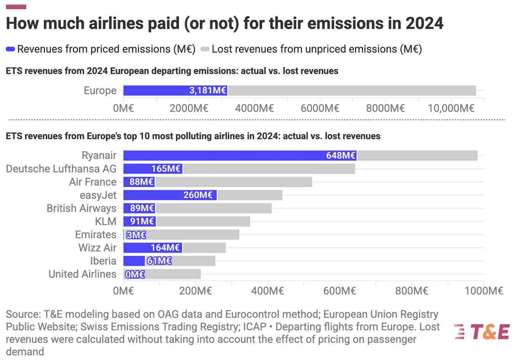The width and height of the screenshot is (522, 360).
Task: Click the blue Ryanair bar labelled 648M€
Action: [x=240, y=156]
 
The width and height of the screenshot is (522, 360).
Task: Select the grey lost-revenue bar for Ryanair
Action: [x=417, y=156]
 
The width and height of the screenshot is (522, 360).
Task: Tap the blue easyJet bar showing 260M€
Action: [x=170, y=195]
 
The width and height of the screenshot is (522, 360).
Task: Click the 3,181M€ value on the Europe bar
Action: [x=208, y=90]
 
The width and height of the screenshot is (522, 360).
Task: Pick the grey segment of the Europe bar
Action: [x=352, y=90]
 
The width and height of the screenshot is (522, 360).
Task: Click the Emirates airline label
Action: [x=96, y=235]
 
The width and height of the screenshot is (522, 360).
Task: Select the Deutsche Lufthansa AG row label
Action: [x=61, y=169]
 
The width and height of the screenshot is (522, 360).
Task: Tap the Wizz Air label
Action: [x=98, y=248]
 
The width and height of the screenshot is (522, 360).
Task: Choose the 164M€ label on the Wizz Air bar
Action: [x=165, y=248]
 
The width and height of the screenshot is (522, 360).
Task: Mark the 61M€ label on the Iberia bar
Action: [x=159, y=261]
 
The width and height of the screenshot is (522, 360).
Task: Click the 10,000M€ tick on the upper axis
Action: [x=451, y=108]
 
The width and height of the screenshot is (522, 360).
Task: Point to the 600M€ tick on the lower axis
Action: [x=339, y=291]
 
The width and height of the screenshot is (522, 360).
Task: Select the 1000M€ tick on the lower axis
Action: [x=484, y=291]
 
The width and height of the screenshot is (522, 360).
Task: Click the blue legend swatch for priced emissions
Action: [x=10, y=49]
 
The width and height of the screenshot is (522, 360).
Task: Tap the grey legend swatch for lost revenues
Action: [x=205, y=49]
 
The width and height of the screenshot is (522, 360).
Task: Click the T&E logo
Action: [x=482, y=332]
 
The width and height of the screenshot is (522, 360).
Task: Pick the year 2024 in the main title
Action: [x=424, y=23]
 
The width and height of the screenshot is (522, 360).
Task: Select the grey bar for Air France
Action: [x=234, y=182]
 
